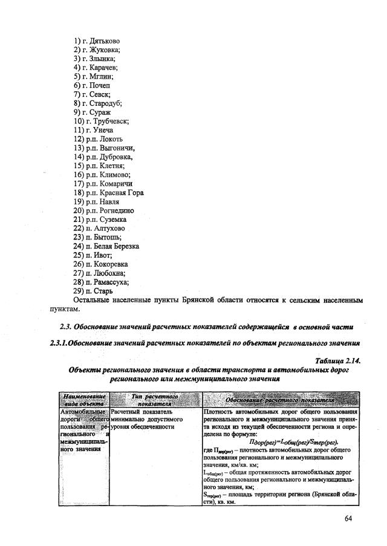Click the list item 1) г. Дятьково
[x=96, y=41]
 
